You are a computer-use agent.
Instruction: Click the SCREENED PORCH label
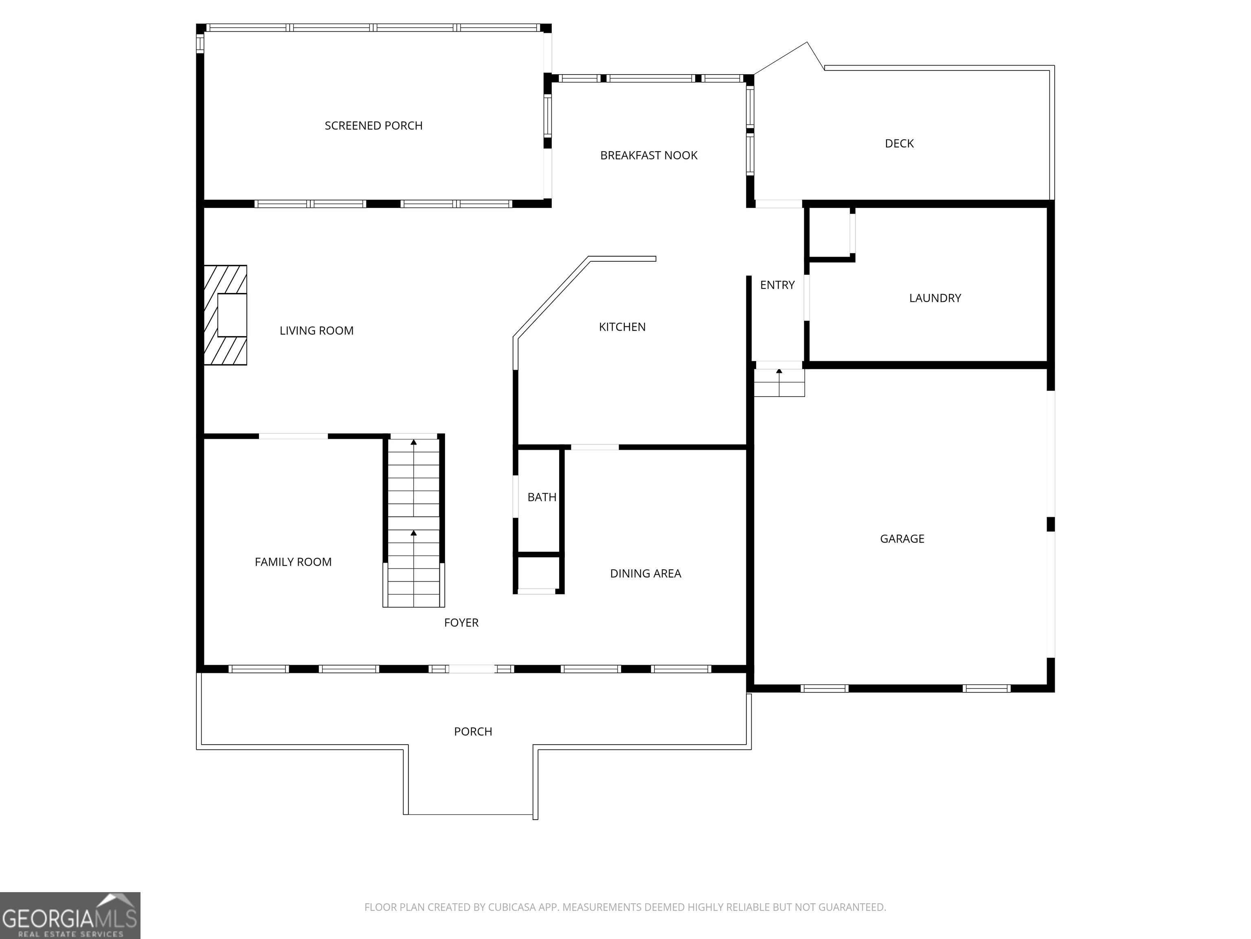coord(373,126)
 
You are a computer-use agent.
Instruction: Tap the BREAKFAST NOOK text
coord(648,155)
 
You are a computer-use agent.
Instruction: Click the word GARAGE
coord(902,539)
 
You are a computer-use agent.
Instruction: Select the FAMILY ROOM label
coord(292,562)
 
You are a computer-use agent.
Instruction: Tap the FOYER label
coord(461,623)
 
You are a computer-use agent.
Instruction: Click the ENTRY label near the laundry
coord(777,285)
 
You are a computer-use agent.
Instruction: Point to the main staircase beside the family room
coord(413,521)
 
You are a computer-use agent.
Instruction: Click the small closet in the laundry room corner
coord(829,232)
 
